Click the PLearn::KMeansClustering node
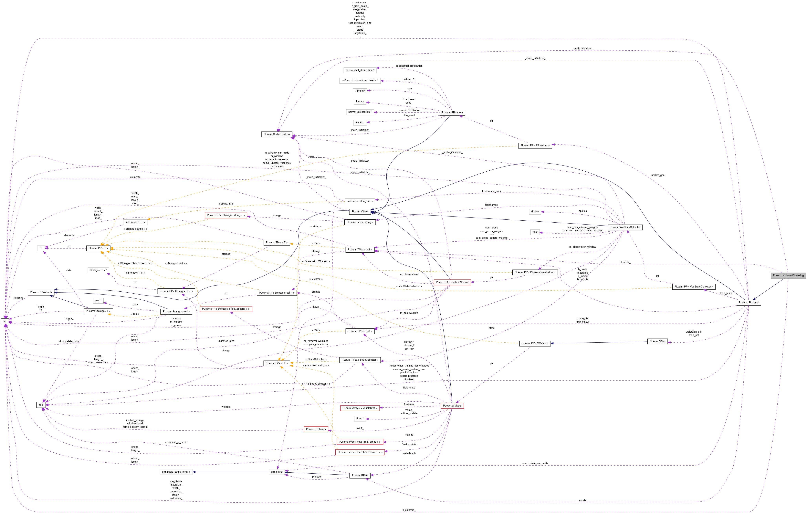788,275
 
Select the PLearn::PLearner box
749,302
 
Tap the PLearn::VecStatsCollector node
625,227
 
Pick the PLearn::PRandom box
452,113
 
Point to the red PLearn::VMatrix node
452,406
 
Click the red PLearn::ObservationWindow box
452,282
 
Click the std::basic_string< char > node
176,472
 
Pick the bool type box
41,405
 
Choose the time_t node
360,418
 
